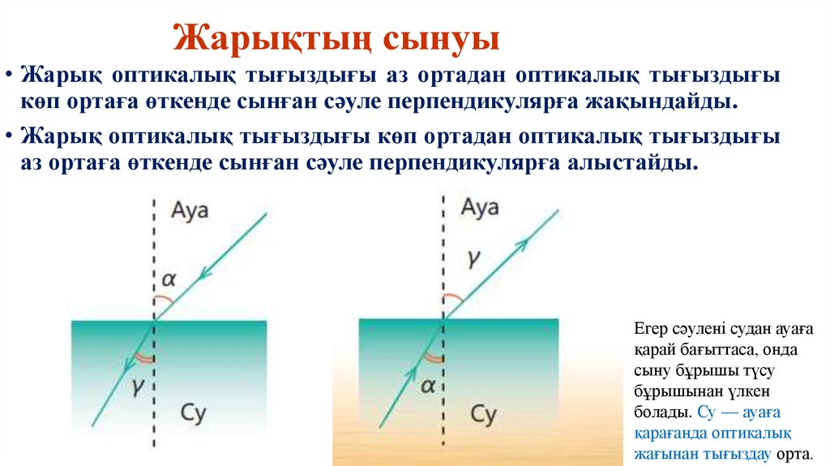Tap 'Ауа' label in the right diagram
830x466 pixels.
click(x=480, y=208)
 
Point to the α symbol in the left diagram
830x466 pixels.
click(x=168, y=280)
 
